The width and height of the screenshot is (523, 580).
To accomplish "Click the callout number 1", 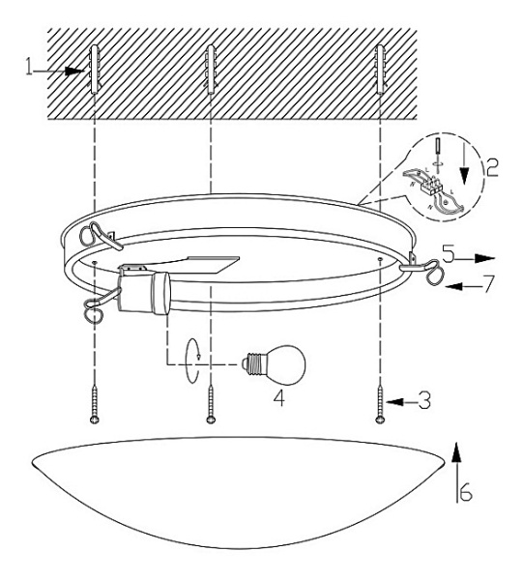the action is click(29, 68).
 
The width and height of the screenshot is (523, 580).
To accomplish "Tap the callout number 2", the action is click(492, 167).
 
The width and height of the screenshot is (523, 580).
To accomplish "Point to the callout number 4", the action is click(279, 398).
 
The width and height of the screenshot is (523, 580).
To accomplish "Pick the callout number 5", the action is click(449, 254).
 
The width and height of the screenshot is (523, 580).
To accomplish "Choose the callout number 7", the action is click(488, 283).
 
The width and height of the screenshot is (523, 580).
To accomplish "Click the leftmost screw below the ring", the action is click(95, 405).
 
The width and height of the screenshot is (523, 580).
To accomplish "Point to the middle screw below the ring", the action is click(211, 405).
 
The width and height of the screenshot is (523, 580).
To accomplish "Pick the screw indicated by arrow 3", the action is click(380, 405).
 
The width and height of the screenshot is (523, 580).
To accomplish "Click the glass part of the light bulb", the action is click(288, 364).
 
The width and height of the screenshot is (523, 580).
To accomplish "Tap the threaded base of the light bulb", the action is click(254, 364).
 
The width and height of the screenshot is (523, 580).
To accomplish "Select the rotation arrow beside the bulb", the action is click(192, 362).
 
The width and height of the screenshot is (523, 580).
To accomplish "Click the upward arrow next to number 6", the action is click(457, 472).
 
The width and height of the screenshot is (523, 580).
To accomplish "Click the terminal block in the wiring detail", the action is click(431, 184).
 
